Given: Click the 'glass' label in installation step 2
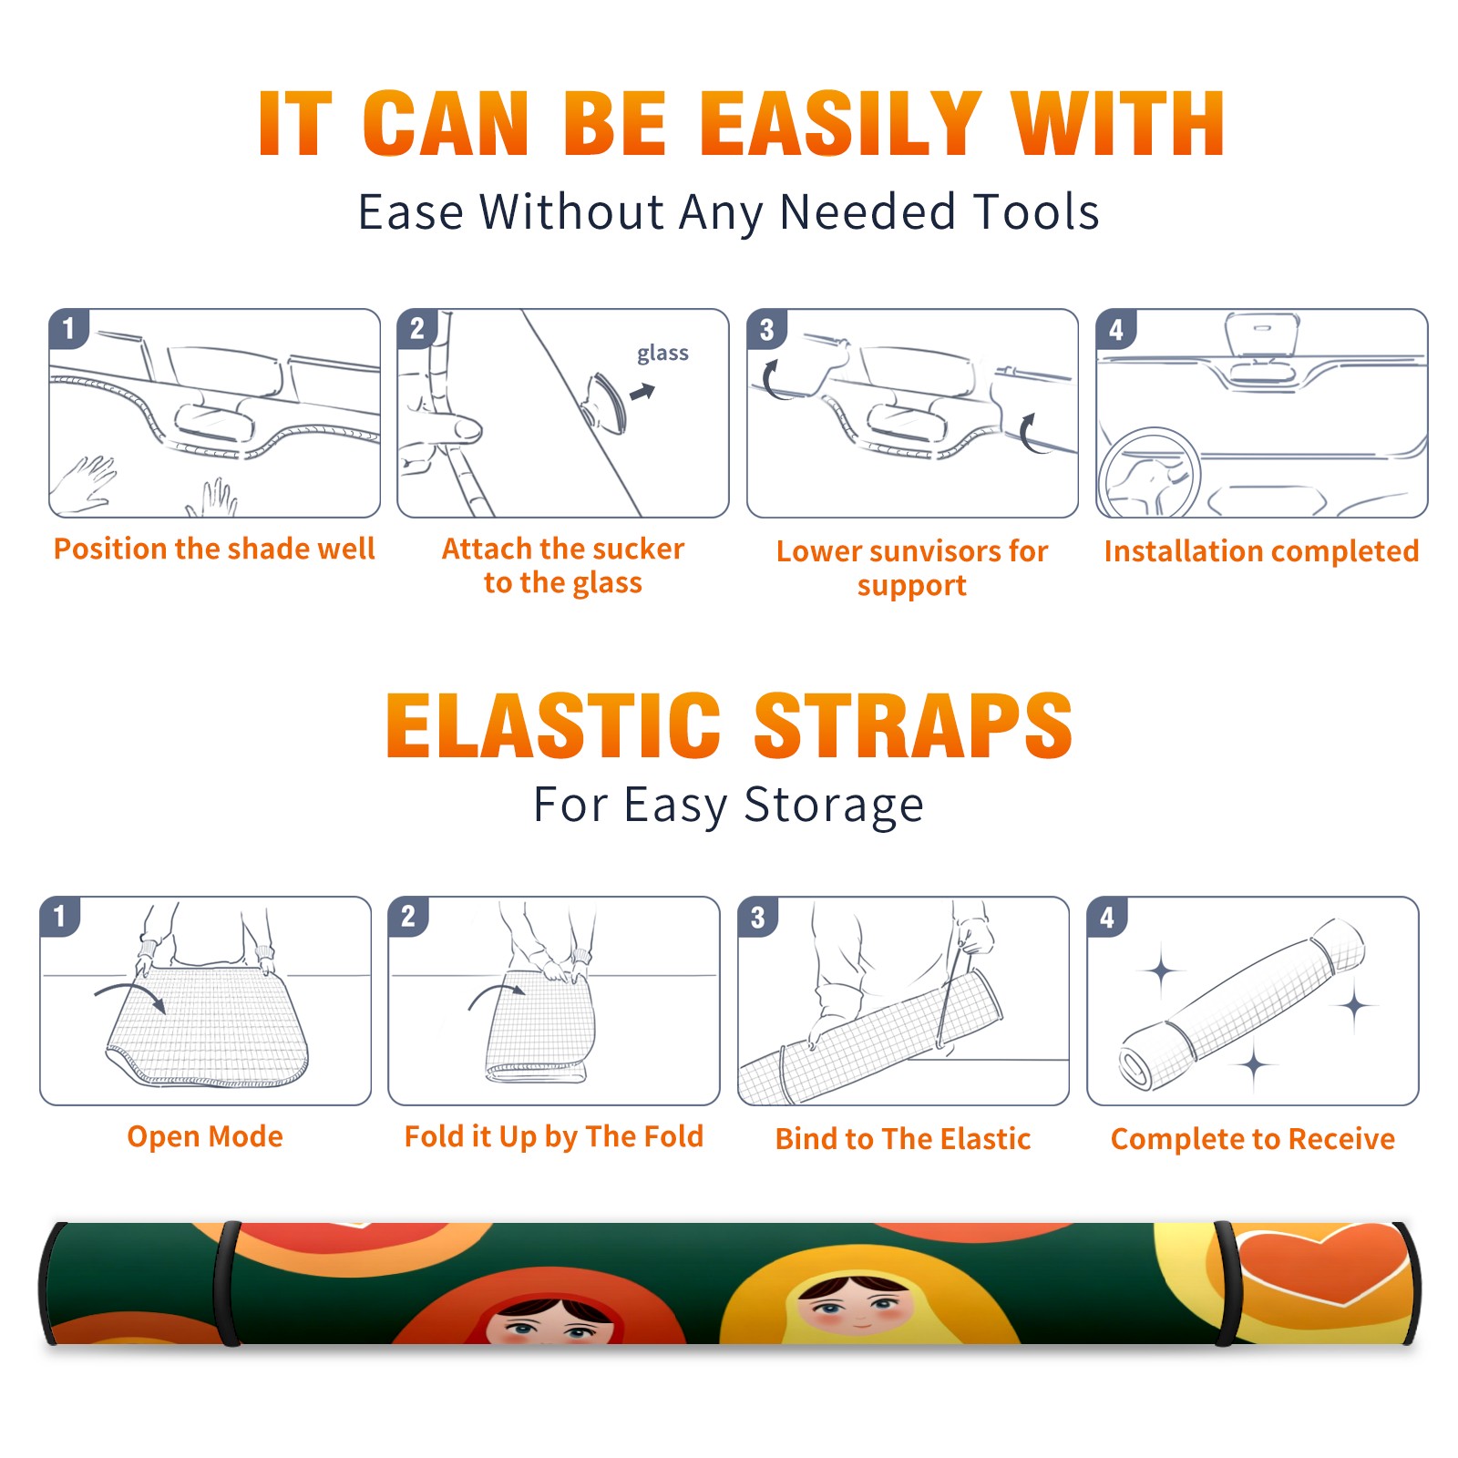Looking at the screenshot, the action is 662,354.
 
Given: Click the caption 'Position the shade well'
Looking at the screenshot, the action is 214,549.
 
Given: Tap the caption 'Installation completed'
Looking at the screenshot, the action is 1261,550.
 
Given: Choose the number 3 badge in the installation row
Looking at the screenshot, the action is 766,329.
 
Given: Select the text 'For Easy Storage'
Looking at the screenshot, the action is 729,805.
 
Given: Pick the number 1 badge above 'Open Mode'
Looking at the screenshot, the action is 60,916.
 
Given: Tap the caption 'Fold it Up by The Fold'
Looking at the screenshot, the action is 554,1136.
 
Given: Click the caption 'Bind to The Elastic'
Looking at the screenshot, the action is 903,1138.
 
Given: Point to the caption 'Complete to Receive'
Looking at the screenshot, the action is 1253,1138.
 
